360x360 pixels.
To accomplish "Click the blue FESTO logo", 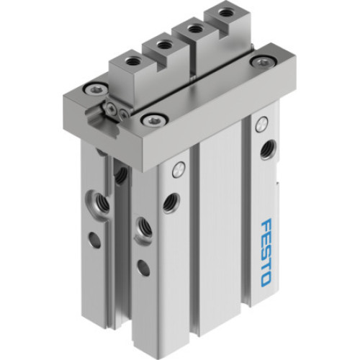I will click(264, 248).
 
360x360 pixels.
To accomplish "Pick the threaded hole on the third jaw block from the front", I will click(192, 29).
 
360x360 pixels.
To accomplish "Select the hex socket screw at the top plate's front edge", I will click(153, 118).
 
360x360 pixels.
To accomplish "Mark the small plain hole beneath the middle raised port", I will click(143, 269).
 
